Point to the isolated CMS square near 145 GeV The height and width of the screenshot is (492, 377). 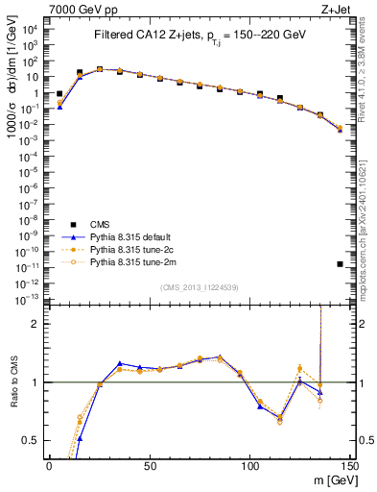341,263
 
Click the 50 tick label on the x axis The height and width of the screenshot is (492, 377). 149,466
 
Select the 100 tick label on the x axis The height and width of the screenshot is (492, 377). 249,466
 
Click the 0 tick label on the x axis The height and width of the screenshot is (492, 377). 49,466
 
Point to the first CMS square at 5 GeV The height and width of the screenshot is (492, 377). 59,94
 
